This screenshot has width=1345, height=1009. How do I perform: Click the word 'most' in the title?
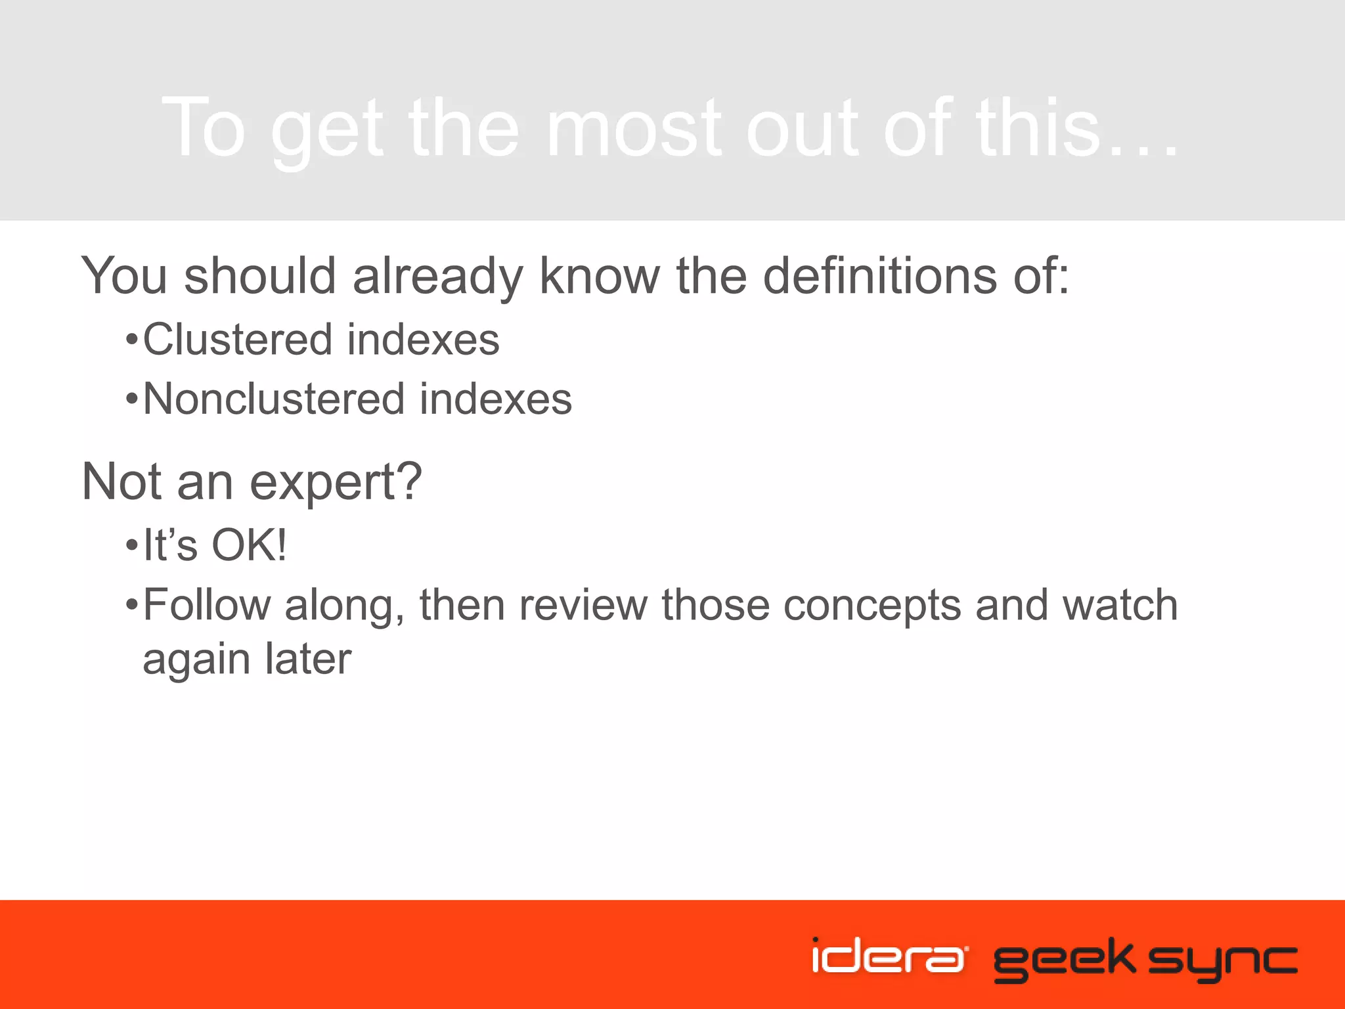pos(634,128)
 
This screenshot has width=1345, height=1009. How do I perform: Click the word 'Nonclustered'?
pos(274,399)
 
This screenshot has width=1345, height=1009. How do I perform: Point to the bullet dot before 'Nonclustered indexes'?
pos(132,399)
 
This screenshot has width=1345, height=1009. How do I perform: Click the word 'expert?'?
pos(335,483)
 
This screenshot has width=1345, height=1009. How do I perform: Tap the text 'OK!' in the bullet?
pos(249,545)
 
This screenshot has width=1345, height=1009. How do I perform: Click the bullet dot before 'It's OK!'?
pos(132,545)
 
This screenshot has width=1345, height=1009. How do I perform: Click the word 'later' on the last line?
pos(308,659)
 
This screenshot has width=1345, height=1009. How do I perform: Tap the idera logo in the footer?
pos(888,956)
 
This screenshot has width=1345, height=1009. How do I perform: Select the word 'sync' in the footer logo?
pos(1223,961)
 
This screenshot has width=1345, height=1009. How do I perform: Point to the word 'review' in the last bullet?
pos(583,605)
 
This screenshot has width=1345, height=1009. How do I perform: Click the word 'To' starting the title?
pos(204,128)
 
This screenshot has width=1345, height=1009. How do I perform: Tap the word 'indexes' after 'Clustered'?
pos(423,340)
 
